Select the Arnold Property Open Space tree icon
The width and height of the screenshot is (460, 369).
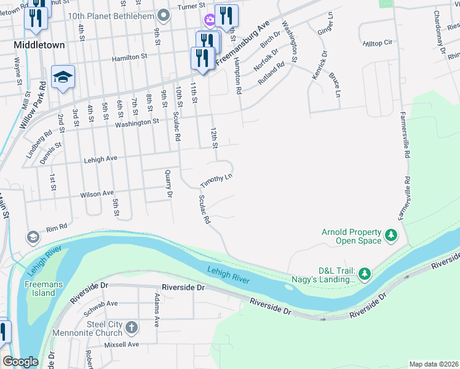pyautogui.click(x=390, y=236)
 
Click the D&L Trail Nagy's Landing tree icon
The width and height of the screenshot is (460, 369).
pyautogui.click(x=364, y=272)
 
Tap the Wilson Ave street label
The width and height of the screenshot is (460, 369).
pyautogui.click(x=97, y=194)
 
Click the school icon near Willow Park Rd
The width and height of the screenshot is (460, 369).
pyautogui.click(x=63, y=77)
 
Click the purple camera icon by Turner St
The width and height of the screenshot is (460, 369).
pyautogui.click(x=210, y=20)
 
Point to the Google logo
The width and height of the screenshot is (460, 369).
pyautogui.click(x=20, y=362)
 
